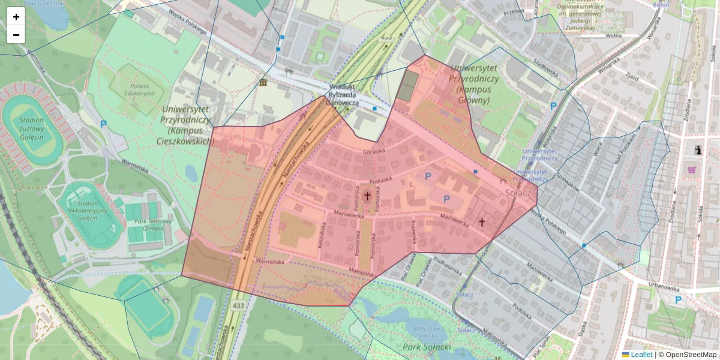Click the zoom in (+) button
tap(16, 17)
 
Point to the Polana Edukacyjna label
tap(139, 89)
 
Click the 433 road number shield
tap(238, 305)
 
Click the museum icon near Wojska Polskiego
tap(263, 82)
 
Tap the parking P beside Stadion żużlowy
tap(104, 124)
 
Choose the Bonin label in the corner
tap(661, 5)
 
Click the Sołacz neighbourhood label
tap(517, 193)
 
